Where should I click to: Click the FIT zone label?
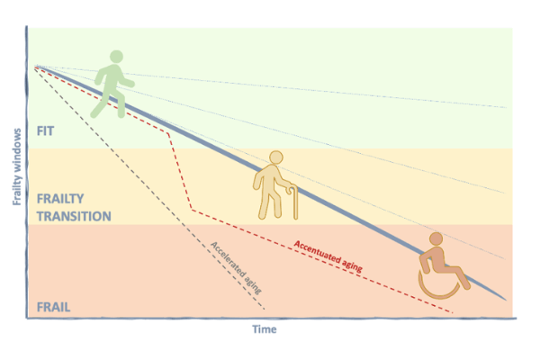[x=46, y=131]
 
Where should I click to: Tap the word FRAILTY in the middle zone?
[x=60, y=199]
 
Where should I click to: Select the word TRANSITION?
[x=74, y=216]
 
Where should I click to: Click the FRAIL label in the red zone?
[x=53, y=307]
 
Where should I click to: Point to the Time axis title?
[x=265, y=329]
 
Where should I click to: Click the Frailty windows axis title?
[x=17, y=166]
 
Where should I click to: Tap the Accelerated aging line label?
[x=236, y=267]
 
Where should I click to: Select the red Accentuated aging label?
[x=328, y=256]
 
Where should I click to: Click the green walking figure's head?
[x=116, y=57]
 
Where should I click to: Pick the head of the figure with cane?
[x=276, y=157]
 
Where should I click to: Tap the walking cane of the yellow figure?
[x=294, y=202]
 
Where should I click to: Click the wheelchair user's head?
[x=436, y=239]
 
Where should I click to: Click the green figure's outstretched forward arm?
[x=125, y=81]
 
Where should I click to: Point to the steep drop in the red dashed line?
[x=180, y=172]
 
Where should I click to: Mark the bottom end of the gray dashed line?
[x=264, y=309]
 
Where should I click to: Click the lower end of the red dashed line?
[x=452, y=312]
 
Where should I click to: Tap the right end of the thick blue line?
[x=506, y=300]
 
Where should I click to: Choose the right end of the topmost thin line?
[x=506, y=108]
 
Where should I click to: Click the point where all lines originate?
[x=35, y=66]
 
